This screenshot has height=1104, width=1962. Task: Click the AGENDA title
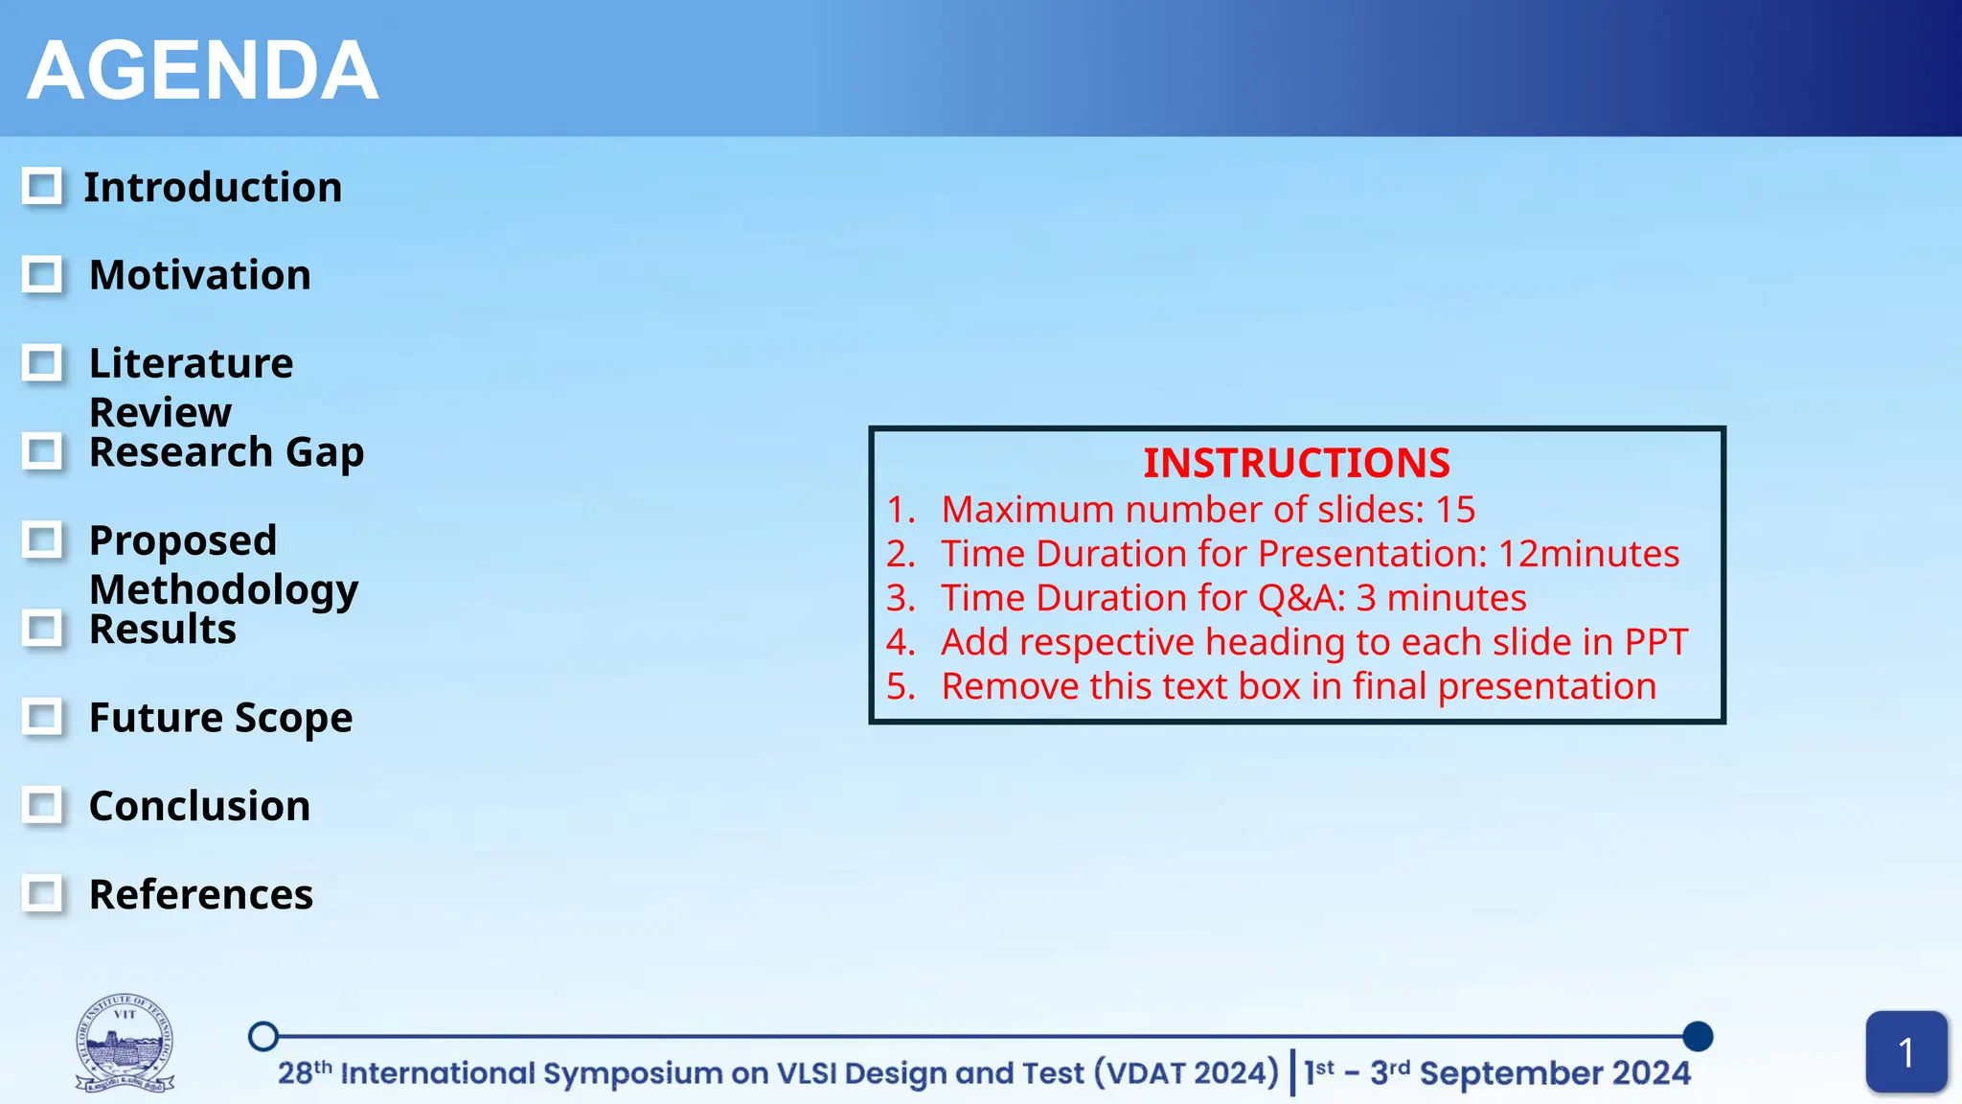click(x=202, y=71)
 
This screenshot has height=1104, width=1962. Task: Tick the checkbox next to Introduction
click(x=42, y=187)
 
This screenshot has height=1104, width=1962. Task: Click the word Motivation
click(x=199, y=275)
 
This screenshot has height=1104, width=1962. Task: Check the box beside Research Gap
click(x=42, y=451)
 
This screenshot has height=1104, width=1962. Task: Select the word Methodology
click(x=223, y=588)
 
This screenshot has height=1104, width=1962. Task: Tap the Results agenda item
click(x=162, y=630)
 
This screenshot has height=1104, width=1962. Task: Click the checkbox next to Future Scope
click(x=42, y=717)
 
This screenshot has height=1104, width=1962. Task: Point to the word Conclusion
click(x=199, y=806)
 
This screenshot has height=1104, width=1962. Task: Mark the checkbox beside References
click(x=42, y=894)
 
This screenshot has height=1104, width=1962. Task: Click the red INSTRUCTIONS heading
click(x=1296, y=463)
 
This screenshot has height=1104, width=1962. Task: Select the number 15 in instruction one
click(x=1454, y=510)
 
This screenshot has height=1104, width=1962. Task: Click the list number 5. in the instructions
click(x=901, y=686)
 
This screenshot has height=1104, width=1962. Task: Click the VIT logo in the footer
click(x=125, y=1044)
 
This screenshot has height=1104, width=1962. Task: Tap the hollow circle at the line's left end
click(x=263, y=1036)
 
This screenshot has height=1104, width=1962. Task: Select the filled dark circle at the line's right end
click(x=1697, y=1036)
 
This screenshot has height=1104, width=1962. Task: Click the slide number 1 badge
click(x=1905, y=1052)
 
